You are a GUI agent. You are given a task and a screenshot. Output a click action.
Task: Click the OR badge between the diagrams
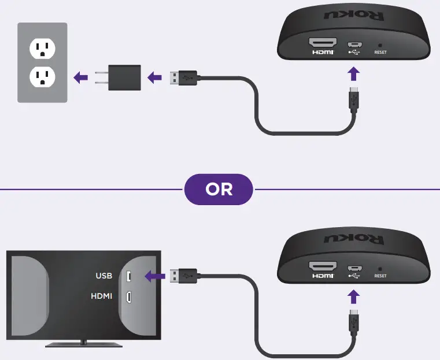click(x=219, y=189)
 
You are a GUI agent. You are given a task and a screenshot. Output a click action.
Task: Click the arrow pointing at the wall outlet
click(x=80, y=77)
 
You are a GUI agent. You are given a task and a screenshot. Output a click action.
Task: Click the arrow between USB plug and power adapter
click(x=154, y=77)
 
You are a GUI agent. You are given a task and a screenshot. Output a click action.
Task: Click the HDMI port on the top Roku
click(x=323, y=44)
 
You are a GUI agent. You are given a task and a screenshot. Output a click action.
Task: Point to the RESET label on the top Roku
click(x=380, y=52)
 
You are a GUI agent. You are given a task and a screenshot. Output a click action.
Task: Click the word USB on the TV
click(x=104, y=276)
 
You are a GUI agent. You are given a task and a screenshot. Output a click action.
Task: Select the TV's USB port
click(x=129, y=276)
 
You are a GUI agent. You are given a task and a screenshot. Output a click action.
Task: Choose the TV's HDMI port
click(x=129, y=297)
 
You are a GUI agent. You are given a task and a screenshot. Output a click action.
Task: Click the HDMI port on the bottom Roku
click(x=323, y=268)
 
